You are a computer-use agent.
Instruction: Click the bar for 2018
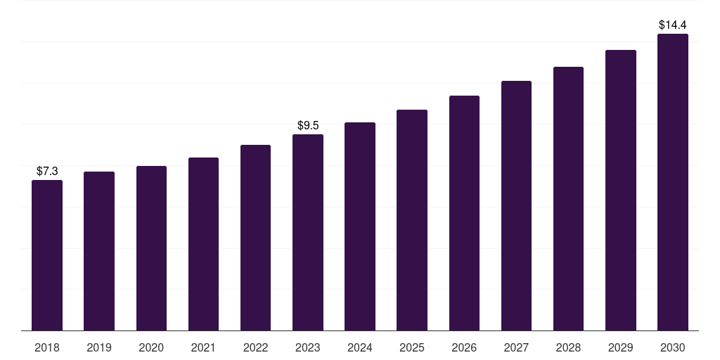pyautogui.click(x=47, y=255)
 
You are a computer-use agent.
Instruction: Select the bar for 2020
pyautogui.click(x=151, y=248)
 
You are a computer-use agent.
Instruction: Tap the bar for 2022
pyautogui.click(x=255, y=238)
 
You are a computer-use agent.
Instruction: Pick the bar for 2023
pyautogui.click(x=308, y=232)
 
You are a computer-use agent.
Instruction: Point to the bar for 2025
pyautogui.click(x=412, y=220)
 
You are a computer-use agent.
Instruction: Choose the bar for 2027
pyautogui.click(x=516, y=206)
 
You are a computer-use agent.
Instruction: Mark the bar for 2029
pyautogui.click(x=620, y=191)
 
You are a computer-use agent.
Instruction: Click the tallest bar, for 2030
pyautogui.click(x=673, y=182)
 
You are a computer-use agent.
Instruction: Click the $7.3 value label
pyautogui.click(x=47, y=172)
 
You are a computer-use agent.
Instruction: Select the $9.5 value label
pyautogui.click(x=308, y=125)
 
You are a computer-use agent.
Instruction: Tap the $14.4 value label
pyautogui.click(x=673, y=25)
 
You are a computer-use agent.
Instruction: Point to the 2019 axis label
pyautogui.click(x=99, y=347)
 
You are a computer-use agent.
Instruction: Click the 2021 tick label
pyautogui.click(x=203, y=347)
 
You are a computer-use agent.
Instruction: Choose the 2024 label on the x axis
pyautogui.click(x=359, y=347)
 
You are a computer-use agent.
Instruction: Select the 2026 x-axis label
pyautogui.click(x=464, y=347)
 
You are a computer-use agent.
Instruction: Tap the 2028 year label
pyautogui.click(x=568, y=347)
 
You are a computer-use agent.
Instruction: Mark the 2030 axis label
pyautogui.click(x=672, y=347)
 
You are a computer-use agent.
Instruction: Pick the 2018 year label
pyautogui.click(x=47, y=347)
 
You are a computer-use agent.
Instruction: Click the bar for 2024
pyautogui.click(x=360, y=227)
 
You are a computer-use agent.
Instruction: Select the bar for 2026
pyautogui.click(x=464, y=213)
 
